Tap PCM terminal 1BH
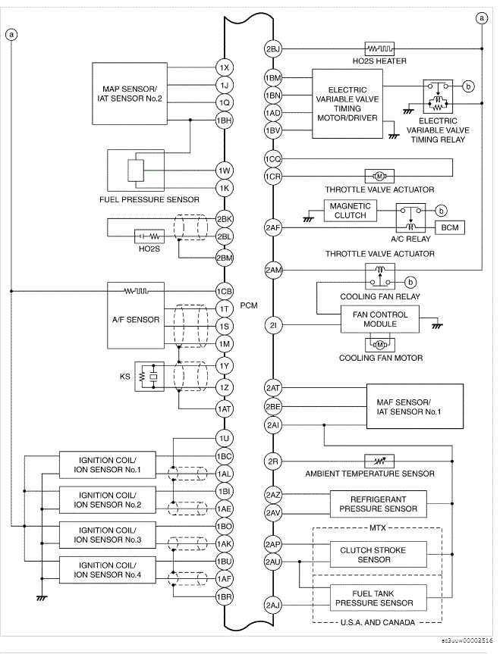tap(224, 120)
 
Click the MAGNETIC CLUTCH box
tap(350, 210)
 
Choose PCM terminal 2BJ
tap(273, 49)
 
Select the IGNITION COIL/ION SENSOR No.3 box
tap(108, 534)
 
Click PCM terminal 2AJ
tap(273, 605)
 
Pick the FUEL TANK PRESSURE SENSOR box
tap(377, 597)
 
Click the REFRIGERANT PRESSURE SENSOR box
tap(377, 504)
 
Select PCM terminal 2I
tap(273, 326)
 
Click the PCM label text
tap(249, 306)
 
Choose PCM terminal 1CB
tap(224, 290)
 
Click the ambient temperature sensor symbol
tap(379, 461)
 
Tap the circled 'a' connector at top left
tap(11, 33)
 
